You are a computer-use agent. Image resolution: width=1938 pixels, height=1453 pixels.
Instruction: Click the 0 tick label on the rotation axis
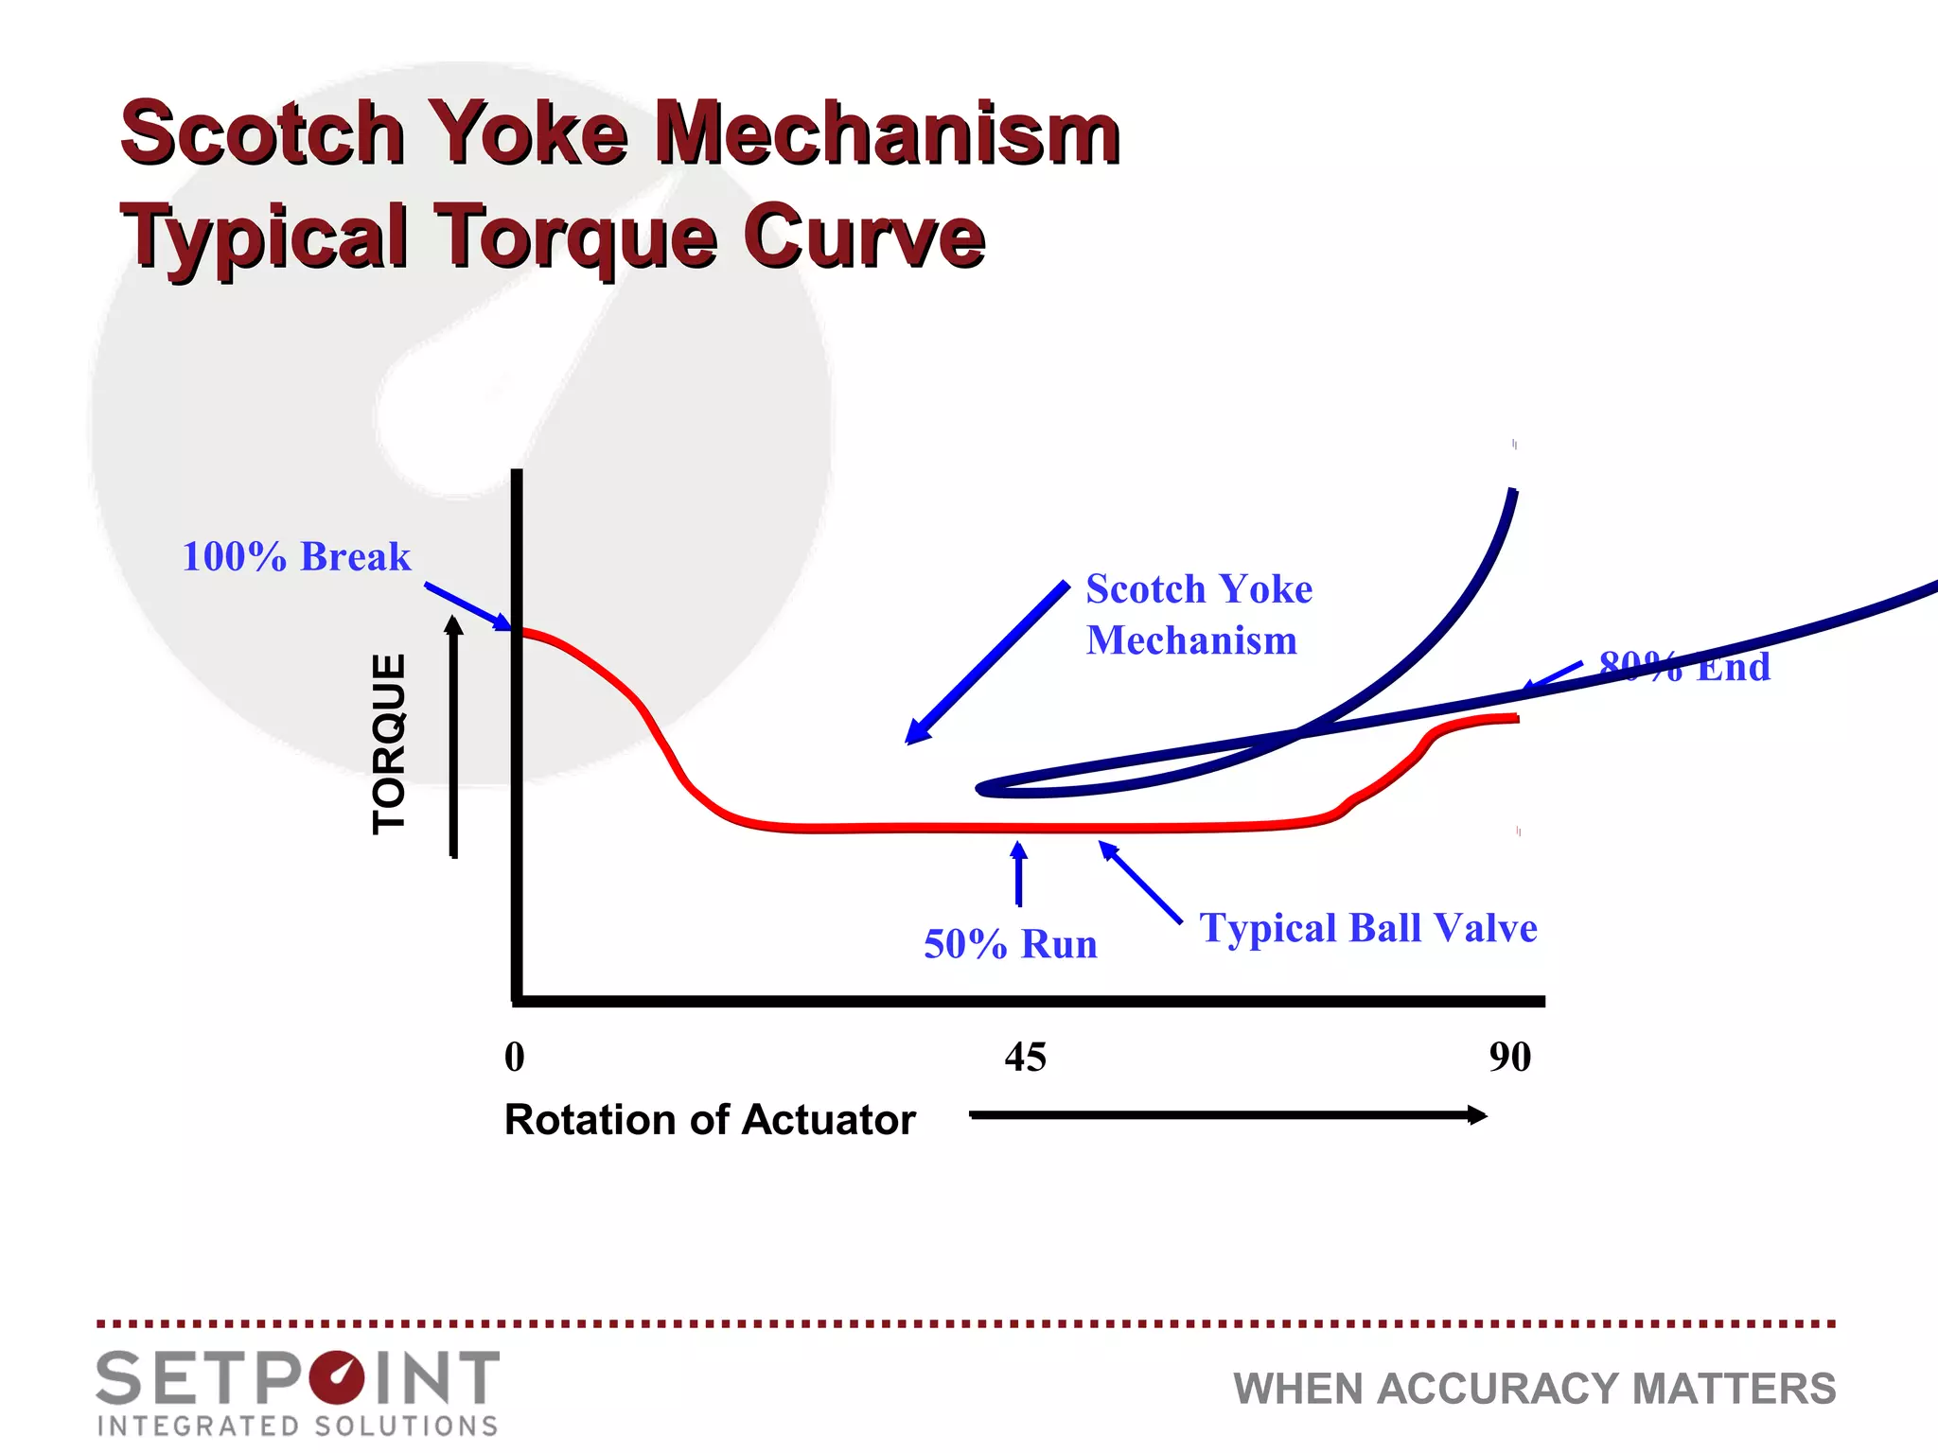(x=515, y=1057)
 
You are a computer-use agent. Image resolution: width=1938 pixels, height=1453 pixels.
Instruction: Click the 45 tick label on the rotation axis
(x=1026, y=1057)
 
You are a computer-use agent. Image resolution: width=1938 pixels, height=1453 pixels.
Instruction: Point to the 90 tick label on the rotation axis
(x=1509, y=1057)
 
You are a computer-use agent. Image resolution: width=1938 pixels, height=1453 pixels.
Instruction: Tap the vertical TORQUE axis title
(x=389, y=744)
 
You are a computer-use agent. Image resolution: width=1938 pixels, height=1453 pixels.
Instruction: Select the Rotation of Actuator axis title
(x=710, y=1120)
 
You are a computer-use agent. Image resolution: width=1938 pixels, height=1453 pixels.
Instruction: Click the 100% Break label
(x=296, y=556)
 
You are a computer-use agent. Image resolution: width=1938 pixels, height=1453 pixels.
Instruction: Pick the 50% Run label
(x=1011, y=944)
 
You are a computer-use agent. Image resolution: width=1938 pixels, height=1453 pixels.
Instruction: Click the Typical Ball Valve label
(x=1368, y=928)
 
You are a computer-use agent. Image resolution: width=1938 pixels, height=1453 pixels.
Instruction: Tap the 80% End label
(x=1684, y=667)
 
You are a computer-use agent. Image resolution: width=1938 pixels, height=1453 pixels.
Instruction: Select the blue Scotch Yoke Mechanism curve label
(x=1198, y=614)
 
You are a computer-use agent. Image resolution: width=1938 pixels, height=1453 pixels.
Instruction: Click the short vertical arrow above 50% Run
(x=1019, y=874)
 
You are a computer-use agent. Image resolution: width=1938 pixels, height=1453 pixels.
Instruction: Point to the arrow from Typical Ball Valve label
(x=1139, y=881)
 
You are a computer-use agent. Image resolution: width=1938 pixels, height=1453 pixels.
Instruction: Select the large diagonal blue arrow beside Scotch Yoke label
(x=986, y=663)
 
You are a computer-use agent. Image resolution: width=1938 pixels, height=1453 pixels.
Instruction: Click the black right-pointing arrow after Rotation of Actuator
(x=1227, y=1115)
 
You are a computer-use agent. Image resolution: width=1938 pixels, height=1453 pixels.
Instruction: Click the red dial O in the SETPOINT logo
(x=336, y=1377)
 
